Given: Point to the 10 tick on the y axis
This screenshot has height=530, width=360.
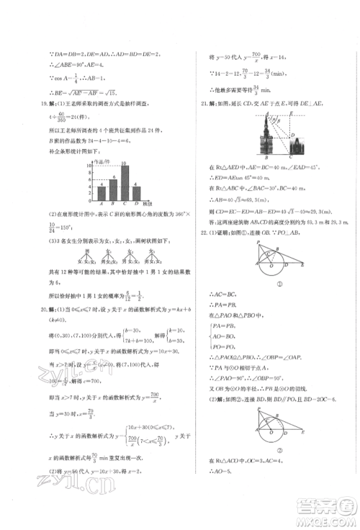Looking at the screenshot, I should [89, 166].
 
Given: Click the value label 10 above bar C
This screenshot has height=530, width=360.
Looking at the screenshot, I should [124, 163].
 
